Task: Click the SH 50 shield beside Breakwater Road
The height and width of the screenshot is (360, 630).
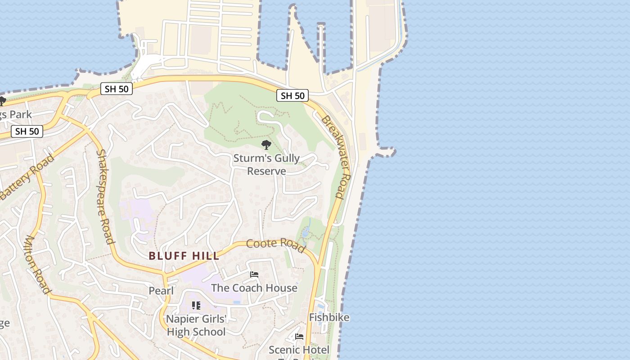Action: (x=292, y=95)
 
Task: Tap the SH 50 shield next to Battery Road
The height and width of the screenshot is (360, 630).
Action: (x=27, y=131)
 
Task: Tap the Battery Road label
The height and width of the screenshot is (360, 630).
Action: (x=27, y=177)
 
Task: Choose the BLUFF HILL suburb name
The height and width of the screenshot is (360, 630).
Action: (x=184, y=256)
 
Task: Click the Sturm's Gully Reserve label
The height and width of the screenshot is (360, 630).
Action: (x=266, y=165)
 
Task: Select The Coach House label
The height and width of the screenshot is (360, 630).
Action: (x=254, y=288)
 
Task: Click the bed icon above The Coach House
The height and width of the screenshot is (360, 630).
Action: (x=254, y=274)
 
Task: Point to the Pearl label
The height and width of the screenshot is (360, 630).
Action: (x=161, y=291)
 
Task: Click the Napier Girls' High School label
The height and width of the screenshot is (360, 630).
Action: (x=196, y=325)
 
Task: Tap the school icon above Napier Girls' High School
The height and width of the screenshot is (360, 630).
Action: (x=196, y=306)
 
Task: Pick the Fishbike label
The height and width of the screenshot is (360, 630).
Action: (x=329, y=317)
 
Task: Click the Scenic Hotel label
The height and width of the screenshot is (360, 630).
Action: (x=299, y=350)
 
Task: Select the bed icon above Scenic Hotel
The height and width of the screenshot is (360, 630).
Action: (x=299, y=337)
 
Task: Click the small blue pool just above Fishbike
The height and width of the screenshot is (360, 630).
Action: (x=320, y=306)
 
